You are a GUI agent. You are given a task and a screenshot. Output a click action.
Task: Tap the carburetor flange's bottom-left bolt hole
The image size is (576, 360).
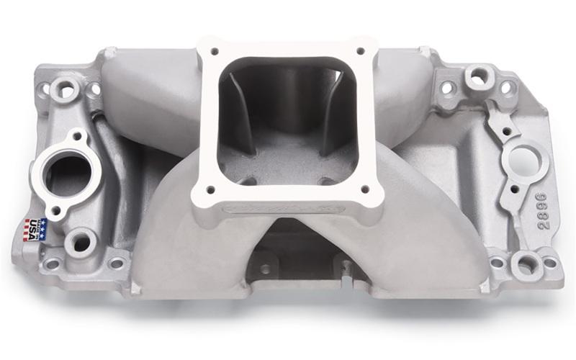[211, 190]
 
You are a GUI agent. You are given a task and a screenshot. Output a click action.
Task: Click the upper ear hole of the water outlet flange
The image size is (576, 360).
[78, 137]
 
